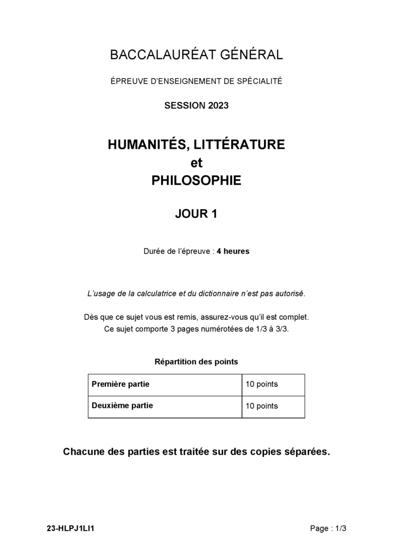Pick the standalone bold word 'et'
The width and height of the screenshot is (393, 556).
click(x=196, y=163)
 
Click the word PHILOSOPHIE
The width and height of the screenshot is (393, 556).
click(x=196, y=181)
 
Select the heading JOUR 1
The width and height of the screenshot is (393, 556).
click(x=196, y=214)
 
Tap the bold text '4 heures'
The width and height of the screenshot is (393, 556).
click(x=233, y=251)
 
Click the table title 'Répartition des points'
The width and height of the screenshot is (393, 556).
click(x=196, y=362)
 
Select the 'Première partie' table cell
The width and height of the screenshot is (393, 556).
click(x=121, y=384)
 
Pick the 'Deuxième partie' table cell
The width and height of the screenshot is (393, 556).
click(x=122, y=406)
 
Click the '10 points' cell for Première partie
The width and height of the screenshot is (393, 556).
click(x=262, y=384)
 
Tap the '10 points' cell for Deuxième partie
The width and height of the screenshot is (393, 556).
click(x=262, y=406)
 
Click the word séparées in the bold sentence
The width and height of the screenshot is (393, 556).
click(x=305, y=452)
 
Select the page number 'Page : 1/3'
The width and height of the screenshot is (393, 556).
click(x=328, y=528)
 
